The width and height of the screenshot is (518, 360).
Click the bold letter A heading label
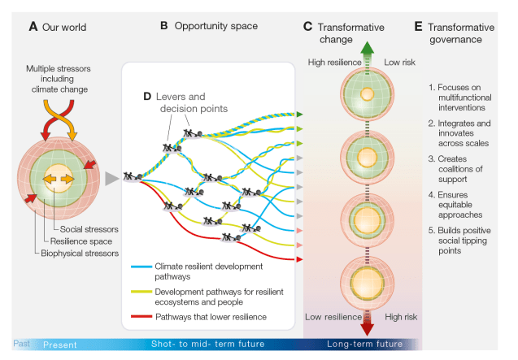tap(33, 27)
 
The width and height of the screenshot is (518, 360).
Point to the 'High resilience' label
tap(329, 62)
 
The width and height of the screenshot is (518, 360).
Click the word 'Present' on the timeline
tap(59, 344)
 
